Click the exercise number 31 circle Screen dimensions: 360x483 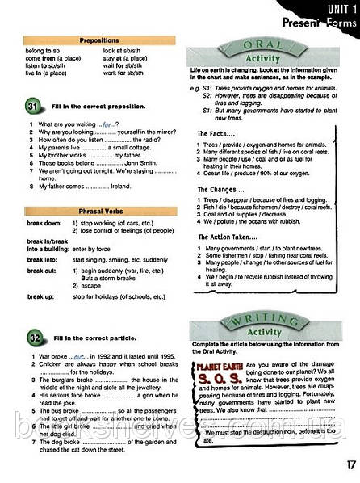click(32, 106)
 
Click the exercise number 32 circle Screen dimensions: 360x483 click(32, 334)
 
